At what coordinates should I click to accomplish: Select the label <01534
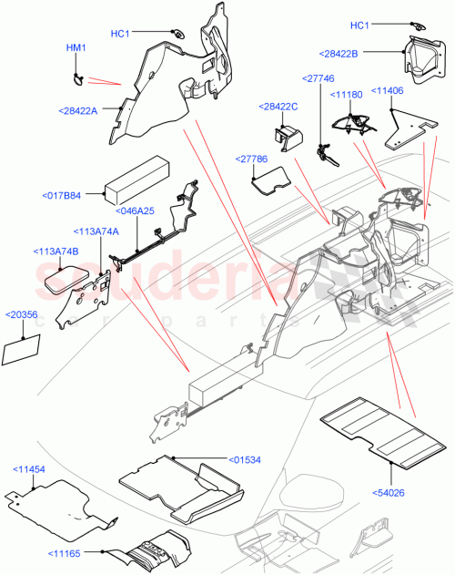point(246,458)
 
